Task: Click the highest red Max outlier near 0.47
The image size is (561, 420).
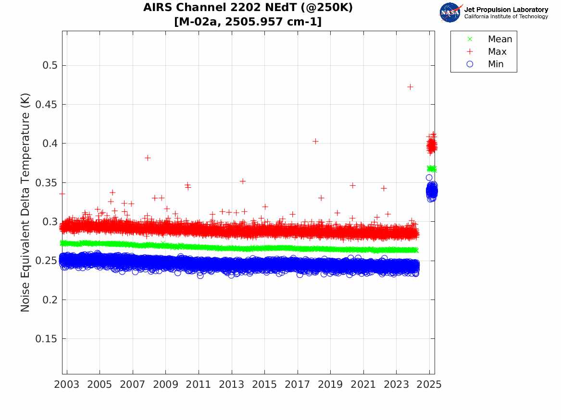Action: (410, 87)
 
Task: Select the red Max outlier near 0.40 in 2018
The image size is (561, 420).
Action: (315, 141)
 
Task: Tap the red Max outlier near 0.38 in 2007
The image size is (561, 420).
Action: (148, 158)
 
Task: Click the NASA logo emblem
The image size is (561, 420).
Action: (450, 12)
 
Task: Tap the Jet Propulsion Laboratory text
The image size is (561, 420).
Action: (506, 10)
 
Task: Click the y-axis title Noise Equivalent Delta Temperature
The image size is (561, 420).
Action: (25, 203)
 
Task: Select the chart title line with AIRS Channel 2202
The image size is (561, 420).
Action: (248, 8)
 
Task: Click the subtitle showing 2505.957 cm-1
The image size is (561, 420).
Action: (248, 22)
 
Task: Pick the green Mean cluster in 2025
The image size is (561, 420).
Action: (431, 168)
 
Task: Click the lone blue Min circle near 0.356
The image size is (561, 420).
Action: (429, 178)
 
